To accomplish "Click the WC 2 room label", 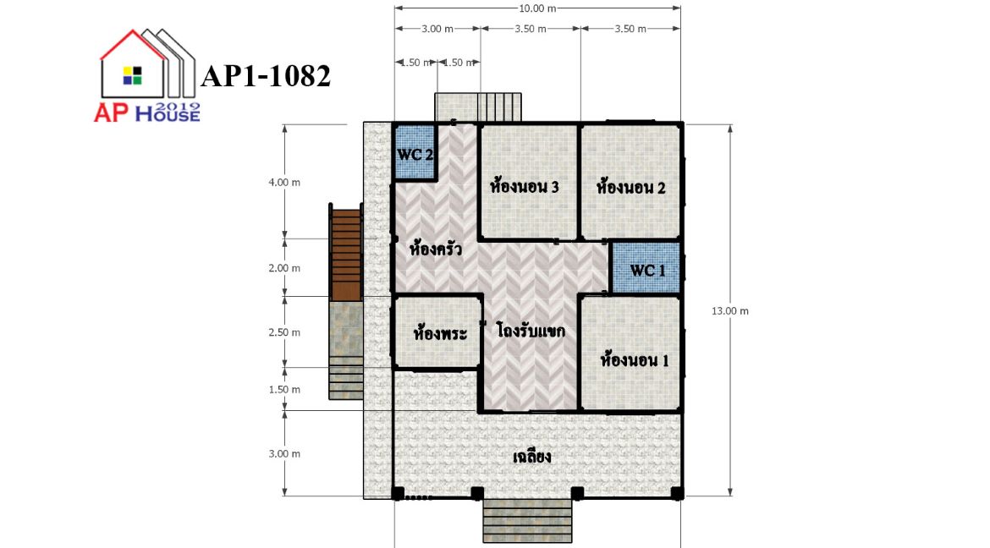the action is point(415,155).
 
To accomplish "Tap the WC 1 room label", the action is point(648,271).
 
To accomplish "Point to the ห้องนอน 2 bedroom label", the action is point(630,187).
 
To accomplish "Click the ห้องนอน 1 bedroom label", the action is point(635,360).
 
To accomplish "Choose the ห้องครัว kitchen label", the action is point(436,248).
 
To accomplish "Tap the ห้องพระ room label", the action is point(440,332).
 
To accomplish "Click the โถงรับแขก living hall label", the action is point(531,330).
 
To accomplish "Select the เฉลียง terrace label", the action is point(532,456).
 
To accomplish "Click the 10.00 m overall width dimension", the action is point(537,8).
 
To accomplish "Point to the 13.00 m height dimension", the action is point(730,310).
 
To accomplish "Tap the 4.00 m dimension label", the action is point(285,183).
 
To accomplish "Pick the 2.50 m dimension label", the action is point(285,332).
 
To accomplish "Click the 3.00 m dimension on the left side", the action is point(285,454).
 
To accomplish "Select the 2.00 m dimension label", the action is point(285,268).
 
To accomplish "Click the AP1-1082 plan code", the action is point(266,76).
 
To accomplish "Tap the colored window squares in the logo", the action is point(133,75).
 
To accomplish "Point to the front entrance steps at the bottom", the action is point(528,522).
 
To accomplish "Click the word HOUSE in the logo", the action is point(168,113).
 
